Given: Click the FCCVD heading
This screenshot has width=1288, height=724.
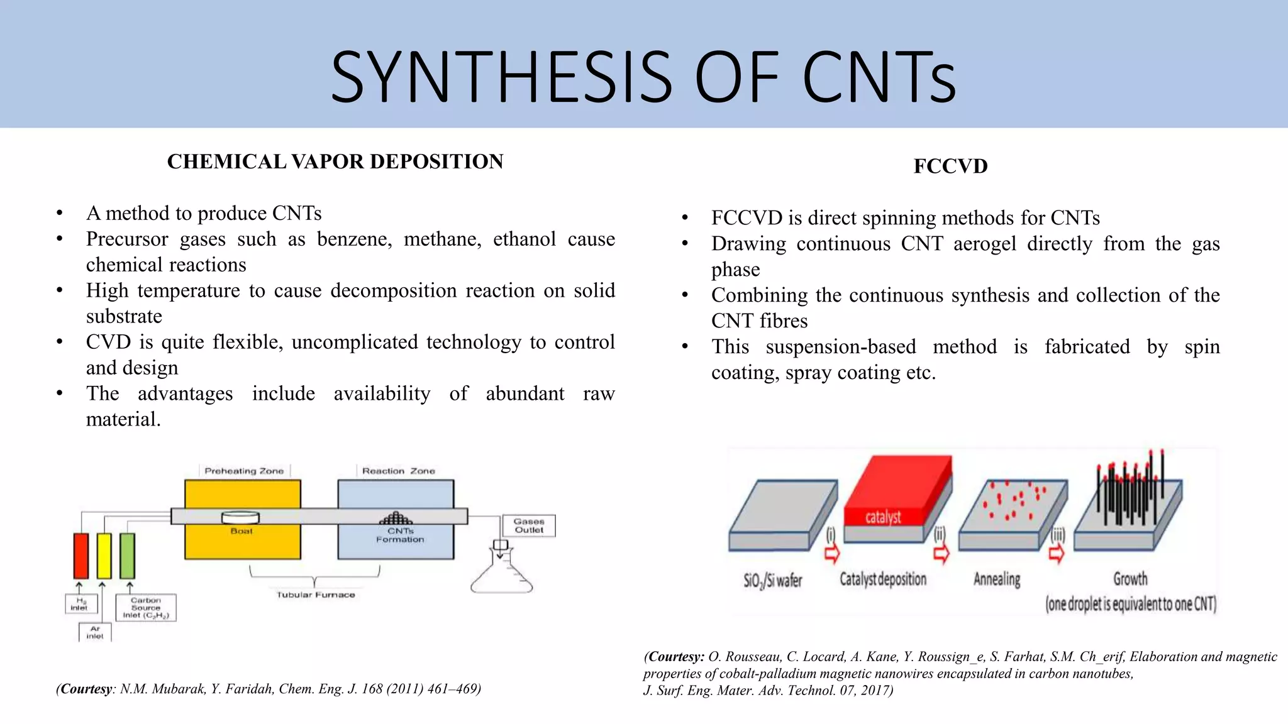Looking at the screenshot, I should [x=950, y=167].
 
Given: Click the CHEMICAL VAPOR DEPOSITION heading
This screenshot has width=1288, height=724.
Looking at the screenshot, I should [x=335, y=162].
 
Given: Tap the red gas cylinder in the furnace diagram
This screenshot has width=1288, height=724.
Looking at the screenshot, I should [x=81, y=556].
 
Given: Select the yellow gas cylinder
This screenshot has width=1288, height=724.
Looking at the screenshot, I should [x=104, y=556].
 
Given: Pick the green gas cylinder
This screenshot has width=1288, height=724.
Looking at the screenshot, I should [x=127, y=556].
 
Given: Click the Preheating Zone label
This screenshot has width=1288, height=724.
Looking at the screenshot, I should [x=244, y=471].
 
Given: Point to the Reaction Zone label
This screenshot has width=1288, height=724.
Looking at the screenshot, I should [x=398, y=471].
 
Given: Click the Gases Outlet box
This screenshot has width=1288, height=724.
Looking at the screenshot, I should [x=529, y=525].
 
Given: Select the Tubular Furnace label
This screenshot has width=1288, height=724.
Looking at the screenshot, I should [x=316, y=595].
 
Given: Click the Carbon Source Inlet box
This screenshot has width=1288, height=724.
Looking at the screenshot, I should [x=146, y=608].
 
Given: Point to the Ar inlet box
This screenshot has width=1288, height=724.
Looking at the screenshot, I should [x=95, y=632].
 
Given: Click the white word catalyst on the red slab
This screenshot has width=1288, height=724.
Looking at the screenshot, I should [x=882, y=517].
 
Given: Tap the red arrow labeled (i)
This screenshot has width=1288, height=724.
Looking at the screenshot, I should [x=831, y=554].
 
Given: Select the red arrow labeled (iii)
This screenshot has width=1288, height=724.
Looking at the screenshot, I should [x=1057, y=554].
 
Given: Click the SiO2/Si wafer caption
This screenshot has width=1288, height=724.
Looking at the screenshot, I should [x=772, y=580].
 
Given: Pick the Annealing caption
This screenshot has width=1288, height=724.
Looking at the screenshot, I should [x=997, y=579].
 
